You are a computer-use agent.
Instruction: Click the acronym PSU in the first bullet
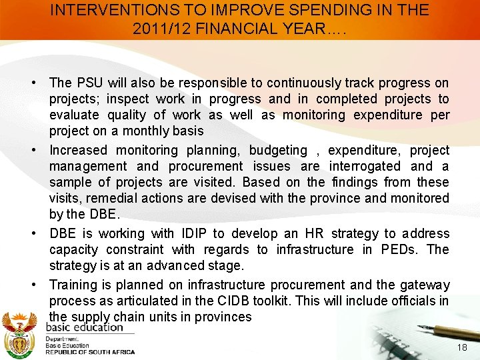(x=89, y=83)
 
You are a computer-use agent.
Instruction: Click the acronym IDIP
(x=193, y=233)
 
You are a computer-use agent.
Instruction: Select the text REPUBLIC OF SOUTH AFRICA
(x=90, y=352)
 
